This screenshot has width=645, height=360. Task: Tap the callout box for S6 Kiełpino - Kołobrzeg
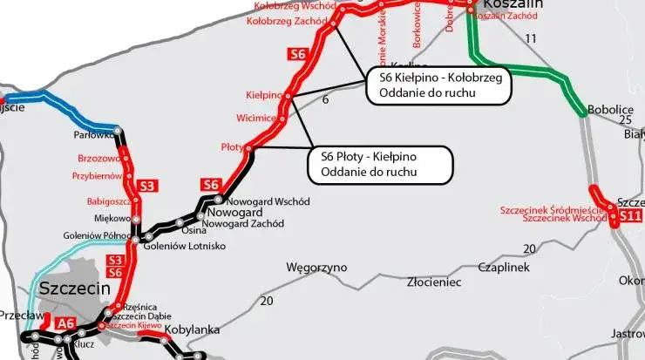(x=437, y=86)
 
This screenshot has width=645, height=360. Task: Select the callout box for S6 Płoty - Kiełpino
(x=381, y=165)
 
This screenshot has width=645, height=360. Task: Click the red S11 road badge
(x=630, y=214)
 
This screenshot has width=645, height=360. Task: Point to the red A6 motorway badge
(x=66, y=323)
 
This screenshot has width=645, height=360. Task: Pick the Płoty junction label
(x=233, y=147)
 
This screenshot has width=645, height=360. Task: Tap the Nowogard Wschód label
(x=268, y=201)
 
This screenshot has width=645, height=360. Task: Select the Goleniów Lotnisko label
(x=191, y=247)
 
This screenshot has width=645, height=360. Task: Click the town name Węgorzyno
(x=316, y=267)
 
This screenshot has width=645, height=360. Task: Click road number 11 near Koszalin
(x=531, y=39)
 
